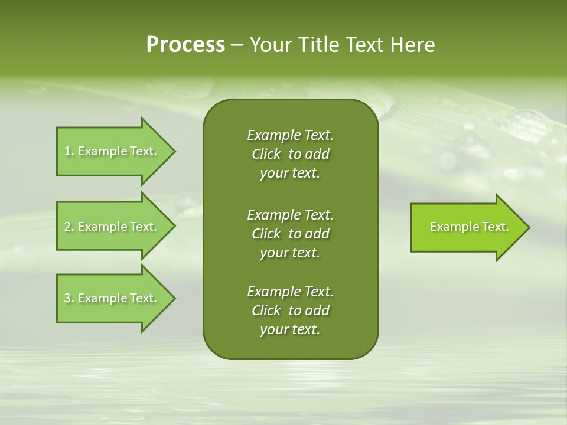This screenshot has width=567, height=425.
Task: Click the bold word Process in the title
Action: tap(185, 45)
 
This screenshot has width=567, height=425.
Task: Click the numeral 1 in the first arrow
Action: tap(67, 151)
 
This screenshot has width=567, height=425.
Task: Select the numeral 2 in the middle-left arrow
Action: tap(67, 227)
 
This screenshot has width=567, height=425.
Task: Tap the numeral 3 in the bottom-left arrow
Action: tap(67, 298)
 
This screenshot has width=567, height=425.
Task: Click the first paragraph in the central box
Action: tap(290, 154)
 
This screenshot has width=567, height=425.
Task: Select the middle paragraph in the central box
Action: tap(290, 233)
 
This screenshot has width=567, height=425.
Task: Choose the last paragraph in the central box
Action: tap(290, 310)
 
